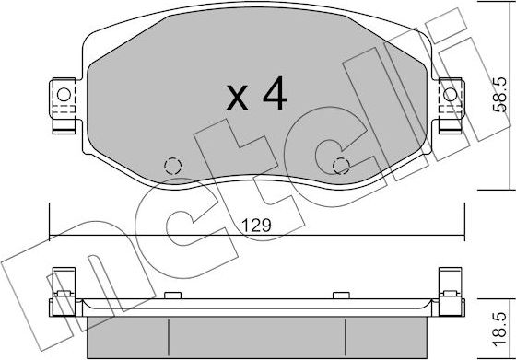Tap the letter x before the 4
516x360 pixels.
click(237, 99)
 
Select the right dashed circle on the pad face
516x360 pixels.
click(340, 166)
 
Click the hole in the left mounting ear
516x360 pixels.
click(61, 93)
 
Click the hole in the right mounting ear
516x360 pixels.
click(451, 93)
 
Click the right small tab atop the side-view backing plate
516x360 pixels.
click(341, 295)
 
